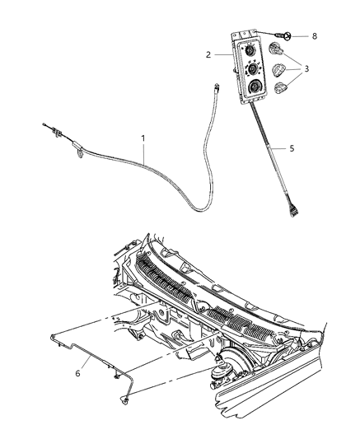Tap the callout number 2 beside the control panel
210,54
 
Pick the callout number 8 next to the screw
314,36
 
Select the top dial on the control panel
248,51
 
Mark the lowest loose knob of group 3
283,88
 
